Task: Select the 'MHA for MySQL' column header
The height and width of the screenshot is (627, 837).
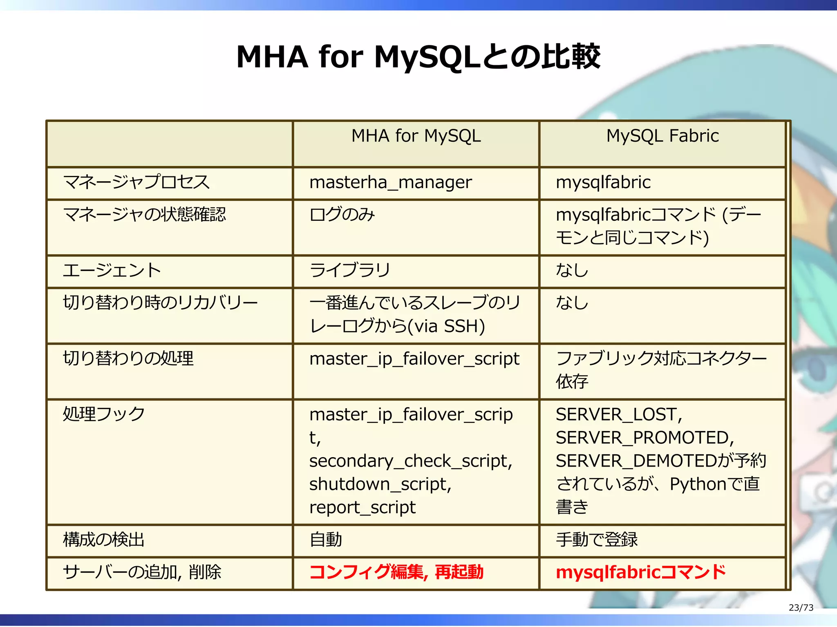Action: point(416,136)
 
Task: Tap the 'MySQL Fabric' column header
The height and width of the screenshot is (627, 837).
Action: point(662,136)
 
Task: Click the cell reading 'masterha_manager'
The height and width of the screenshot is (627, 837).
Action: point(390,182)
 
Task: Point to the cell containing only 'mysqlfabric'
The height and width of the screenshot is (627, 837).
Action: point(603,182)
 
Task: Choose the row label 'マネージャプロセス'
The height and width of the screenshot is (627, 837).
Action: point(136,182)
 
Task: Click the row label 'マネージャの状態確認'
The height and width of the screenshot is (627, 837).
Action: point(144,214)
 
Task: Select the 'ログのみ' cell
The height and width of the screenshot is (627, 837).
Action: point(342,214)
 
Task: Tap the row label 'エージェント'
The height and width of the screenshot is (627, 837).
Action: point(112,270)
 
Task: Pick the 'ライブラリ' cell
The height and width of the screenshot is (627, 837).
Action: point(350,270)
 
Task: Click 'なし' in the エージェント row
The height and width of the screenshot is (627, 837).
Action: point(572,270)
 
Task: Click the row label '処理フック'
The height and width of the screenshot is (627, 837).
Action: point(104,414)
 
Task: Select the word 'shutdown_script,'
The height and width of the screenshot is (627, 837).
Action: point(380,484)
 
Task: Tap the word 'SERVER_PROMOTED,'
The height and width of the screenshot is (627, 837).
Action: point(645,438)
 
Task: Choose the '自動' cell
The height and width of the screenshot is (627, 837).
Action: point(326,540)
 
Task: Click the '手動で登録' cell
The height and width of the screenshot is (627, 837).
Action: point(596,540)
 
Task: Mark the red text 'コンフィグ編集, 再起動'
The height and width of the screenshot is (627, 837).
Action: point(396,572)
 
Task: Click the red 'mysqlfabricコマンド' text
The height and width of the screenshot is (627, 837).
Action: point(640,572)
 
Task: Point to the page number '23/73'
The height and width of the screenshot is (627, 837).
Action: point(801,607)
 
